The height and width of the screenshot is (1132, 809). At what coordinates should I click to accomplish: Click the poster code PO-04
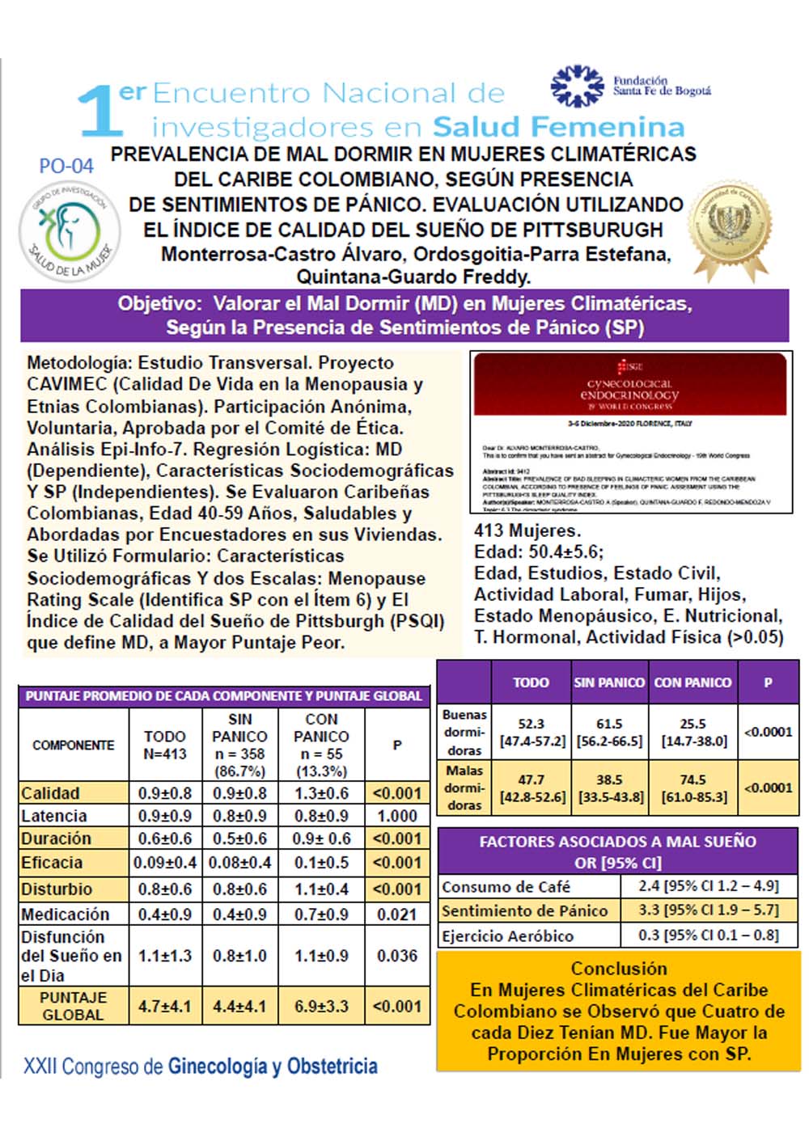click(66, 166)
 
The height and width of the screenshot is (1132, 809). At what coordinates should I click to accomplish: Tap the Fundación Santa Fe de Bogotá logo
click(630, 87)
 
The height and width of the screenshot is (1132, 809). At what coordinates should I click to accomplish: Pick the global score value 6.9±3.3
click(321, 1007)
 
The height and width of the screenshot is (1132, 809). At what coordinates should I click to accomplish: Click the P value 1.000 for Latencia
click(396, 816)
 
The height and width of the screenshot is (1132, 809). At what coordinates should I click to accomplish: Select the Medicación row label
click(66, 914)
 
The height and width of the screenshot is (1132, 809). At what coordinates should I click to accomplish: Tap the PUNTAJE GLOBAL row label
click(73, 1007)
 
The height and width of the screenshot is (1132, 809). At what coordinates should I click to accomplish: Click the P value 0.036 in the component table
click(396, 956)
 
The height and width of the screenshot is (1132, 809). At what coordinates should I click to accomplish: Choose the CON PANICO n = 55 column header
click(321, 745)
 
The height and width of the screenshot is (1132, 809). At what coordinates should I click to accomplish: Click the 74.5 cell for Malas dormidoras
click(693, 788)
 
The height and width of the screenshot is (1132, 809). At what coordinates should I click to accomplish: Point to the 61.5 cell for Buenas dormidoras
click(609, 732)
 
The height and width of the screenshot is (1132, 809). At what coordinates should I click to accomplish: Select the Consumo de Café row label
click(506, 887)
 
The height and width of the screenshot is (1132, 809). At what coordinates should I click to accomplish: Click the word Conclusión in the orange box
click(619, 969)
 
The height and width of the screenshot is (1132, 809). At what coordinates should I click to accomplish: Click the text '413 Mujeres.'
click(527, 531)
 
